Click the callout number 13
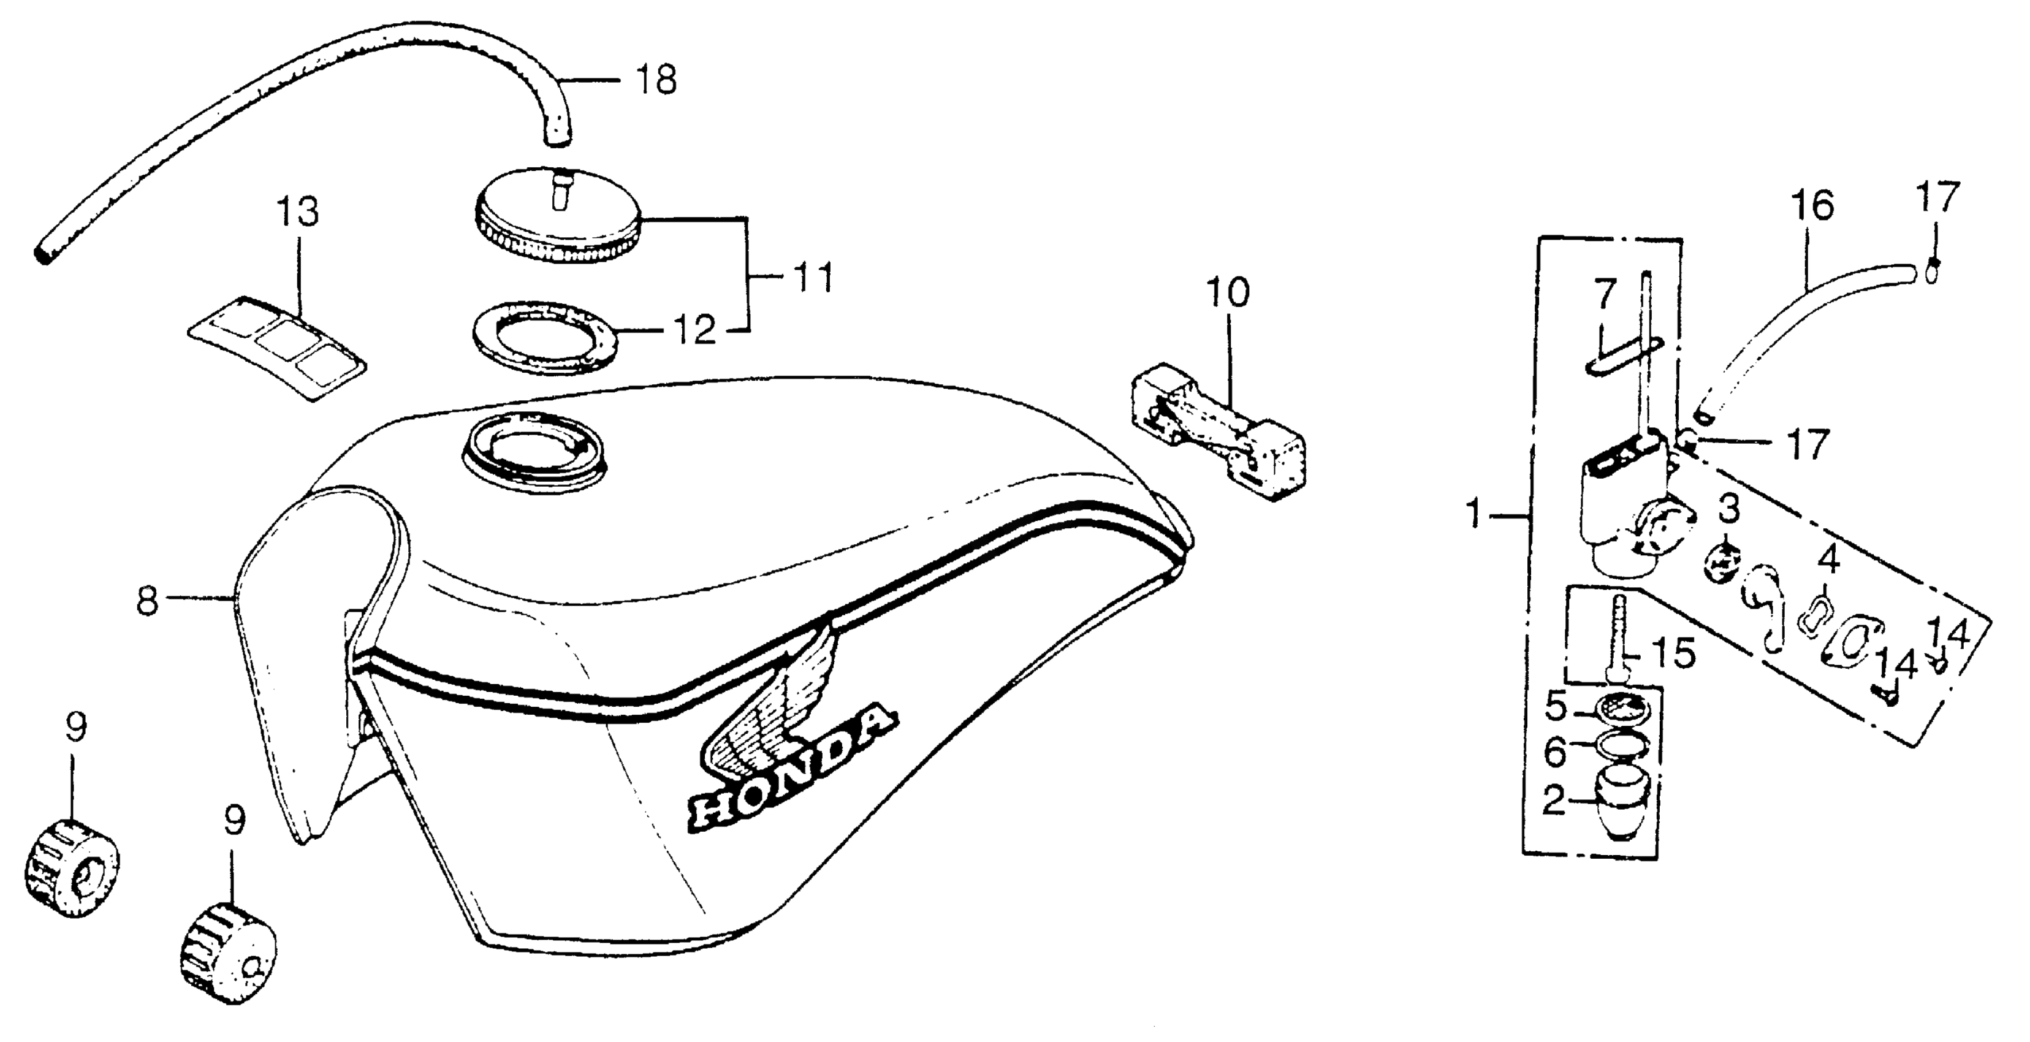[x=298, y=213]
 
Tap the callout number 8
[x=146, y=602]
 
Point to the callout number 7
[x=1605, y=295]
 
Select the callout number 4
[x=1828, y=560]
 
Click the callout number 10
[x=1228, y=292]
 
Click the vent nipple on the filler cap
[x=559, y=189]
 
